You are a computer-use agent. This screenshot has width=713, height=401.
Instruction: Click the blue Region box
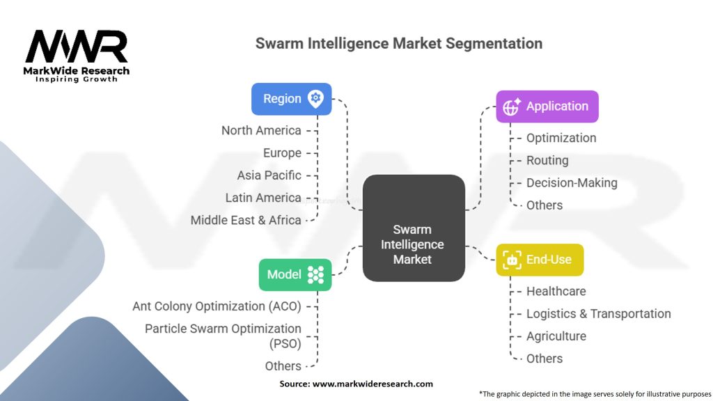coord(291,99)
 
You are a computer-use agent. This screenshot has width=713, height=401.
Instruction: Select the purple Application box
coord(547,107)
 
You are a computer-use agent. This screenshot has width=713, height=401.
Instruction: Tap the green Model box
coord(295,274)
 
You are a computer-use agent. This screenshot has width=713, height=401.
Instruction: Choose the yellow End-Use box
coord(539,260)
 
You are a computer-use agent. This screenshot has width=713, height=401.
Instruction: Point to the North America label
coord(261,130)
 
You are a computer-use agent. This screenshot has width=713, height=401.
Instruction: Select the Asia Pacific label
coord(269,175)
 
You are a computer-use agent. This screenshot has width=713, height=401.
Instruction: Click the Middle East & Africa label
coord(246,220)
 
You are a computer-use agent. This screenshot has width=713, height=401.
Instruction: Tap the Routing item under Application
coord(547,160)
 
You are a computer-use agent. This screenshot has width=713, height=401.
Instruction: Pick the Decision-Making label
coord(572,183)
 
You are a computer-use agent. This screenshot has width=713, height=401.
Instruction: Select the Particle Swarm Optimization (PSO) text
coord(223,335)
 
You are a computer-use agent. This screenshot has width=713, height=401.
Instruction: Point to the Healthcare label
coord(556,291)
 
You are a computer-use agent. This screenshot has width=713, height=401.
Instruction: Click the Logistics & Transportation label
coord(598,314)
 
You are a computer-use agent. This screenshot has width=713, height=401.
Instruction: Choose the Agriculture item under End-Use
coord(556,336)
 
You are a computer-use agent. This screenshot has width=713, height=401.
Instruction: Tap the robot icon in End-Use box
coord(512,260)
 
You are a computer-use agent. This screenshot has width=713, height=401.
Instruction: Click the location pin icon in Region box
coord(315,99)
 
